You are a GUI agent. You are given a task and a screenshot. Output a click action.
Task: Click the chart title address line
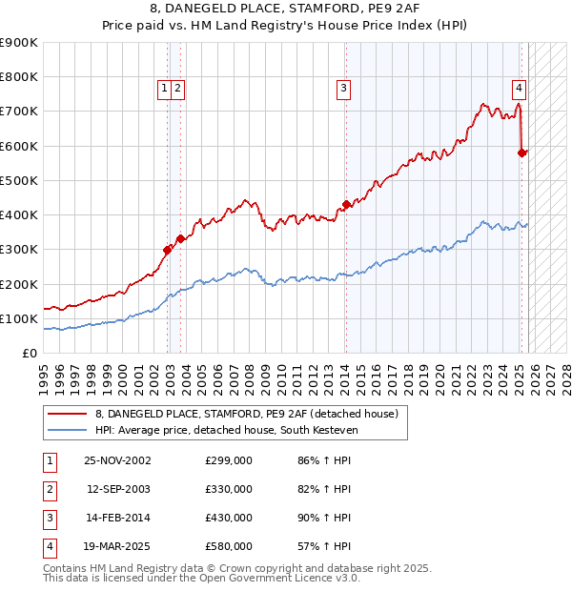286,9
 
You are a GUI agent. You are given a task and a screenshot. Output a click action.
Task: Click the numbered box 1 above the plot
164,88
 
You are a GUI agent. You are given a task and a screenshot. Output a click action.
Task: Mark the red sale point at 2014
346,204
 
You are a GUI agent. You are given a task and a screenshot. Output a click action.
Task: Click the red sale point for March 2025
522,153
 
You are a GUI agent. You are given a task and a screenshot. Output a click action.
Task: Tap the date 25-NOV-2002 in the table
117,460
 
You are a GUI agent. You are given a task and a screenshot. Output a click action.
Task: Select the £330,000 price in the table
229,489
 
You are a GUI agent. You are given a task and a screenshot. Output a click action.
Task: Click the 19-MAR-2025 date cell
117,546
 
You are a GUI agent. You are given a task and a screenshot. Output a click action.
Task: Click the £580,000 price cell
229,546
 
